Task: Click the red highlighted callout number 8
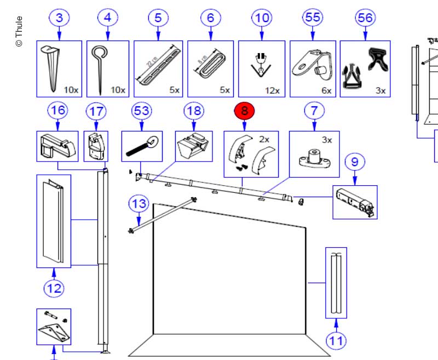245,111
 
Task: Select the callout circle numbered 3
59,18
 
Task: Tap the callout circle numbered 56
364,18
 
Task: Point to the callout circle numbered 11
336,341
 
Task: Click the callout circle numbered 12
54,287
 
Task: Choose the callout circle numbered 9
355,162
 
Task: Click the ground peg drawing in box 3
53,68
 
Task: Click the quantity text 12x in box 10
272,90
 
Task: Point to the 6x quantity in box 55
327,90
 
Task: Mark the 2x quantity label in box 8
264,140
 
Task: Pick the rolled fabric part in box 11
336,283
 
